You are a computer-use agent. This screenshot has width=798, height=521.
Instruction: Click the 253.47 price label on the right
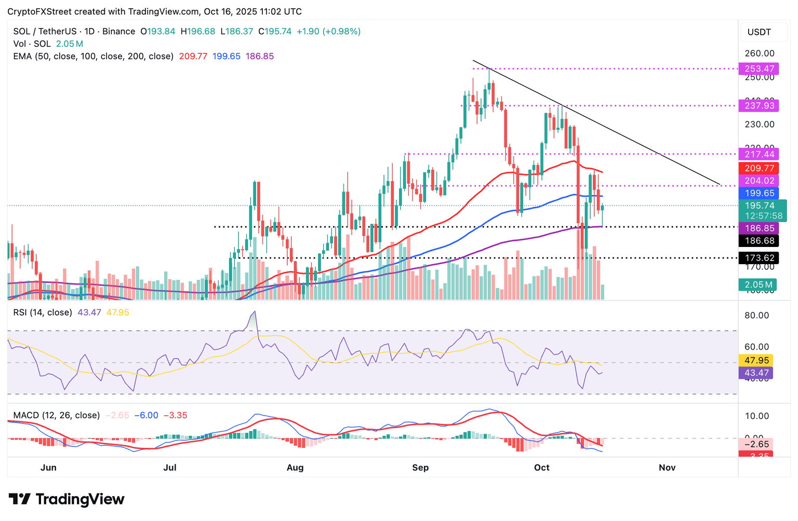pos(759,68)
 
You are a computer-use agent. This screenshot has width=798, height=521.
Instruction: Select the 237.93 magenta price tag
pos(759,106)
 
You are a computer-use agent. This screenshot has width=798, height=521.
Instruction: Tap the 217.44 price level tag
pos(759,154)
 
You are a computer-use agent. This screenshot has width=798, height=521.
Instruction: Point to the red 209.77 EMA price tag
pos(759,168)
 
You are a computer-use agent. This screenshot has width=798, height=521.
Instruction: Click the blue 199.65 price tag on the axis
pos(759,193)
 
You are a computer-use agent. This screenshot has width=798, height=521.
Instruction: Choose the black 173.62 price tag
pos(759,258)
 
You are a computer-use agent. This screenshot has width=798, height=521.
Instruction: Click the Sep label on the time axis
pos(420,468)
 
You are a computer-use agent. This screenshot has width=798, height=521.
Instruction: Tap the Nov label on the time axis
pos(667,468)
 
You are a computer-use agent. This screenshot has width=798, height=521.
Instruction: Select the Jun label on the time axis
pos(48,468)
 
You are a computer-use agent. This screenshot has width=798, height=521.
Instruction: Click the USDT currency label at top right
pos(759,32)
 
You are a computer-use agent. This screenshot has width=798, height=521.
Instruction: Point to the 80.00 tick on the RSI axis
pos(756,316)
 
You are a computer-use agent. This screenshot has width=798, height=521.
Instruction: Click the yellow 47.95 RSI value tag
pos(756,360)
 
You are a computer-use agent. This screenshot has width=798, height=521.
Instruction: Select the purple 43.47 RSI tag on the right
pos(756,373)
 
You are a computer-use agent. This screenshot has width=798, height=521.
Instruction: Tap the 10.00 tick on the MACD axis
pos(756,416)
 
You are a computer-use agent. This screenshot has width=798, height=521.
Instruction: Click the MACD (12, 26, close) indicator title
pos(56,415)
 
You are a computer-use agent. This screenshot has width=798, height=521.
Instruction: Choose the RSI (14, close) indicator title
pos(43,312)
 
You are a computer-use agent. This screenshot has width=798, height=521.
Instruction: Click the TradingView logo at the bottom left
pos(66,499)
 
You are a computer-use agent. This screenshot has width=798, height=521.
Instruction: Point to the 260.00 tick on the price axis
pos(759,53)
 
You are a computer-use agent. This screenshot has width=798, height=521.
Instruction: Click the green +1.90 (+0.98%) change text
pos(328,31)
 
